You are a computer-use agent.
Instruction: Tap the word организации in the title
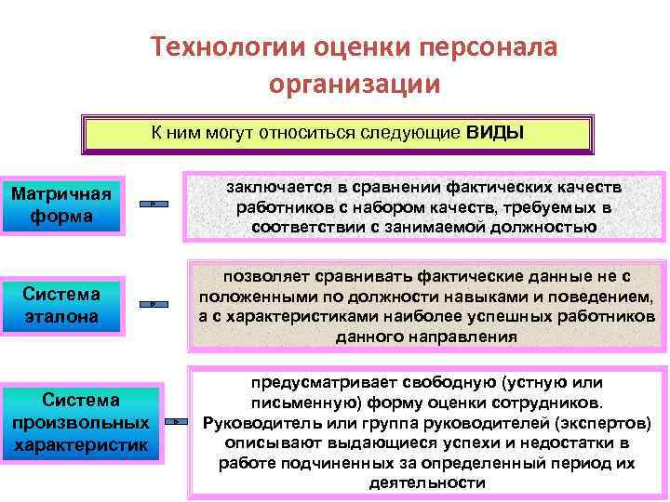click(x=355, y=85)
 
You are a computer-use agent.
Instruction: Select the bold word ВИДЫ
click(x=495, y=132)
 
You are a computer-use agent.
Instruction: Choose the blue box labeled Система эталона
click(x=62, y=305)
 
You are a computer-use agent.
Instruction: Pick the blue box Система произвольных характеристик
click(x=81, y=423)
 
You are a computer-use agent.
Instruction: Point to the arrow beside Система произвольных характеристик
click(x=177, y=423)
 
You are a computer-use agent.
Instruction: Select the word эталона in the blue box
click(x=62, y=316)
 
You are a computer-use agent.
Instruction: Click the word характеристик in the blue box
click(x=81, y=445)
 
